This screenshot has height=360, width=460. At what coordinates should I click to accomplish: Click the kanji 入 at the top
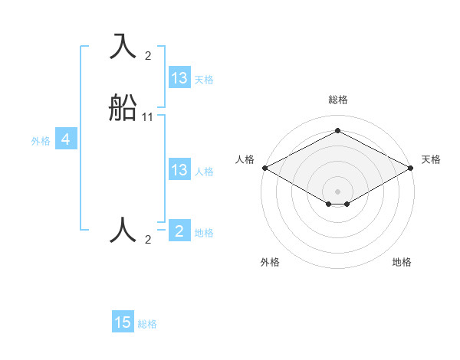coord(123,47)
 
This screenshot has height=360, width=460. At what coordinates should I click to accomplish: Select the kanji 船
coord(123,108)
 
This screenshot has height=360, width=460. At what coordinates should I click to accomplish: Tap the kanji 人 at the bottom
coord(123,230)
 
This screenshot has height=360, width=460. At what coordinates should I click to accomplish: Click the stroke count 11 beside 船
coord(148,117)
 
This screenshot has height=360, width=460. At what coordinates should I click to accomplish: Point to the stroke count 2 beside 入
coord(148,56)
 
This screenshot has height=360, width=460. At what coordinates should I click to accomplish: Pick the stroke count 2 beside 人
coord(148,240)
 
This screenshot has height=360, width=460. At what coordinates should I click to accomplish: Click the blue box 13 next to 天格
coord(179,78)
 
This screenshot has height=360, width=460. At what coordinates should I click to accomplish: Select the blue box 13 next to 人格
coord(179,170)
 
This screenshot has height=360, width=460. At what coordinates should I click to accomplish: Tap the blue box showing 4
coord(66,139)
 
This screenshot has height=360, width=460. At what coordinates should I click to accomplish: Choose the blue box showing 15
coord(123,322)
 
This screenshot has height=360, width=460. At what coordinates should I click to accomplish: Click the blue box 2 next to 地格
coord(179,231)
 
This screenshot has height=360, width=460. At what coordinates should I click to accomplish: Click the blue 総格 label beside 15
coord(147,324)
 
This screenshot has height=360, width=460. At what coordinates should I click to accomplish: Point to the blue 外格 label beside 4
coord(40,141)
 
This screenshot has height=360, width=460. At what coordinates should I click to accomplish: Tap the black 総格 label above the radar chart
coord(338,100)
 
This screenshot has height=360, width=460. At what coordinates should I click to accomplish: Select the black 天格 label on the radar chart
coord(431,159)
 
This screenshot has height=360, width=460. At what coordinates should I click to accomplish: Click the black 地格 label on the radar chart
coord(402,262)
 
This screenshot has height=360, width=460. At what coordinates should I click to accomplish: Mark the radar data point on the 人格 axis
coord(264,168)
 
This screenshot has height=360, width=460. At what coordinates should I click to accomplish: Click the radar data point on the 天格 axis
coord(411,168)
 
